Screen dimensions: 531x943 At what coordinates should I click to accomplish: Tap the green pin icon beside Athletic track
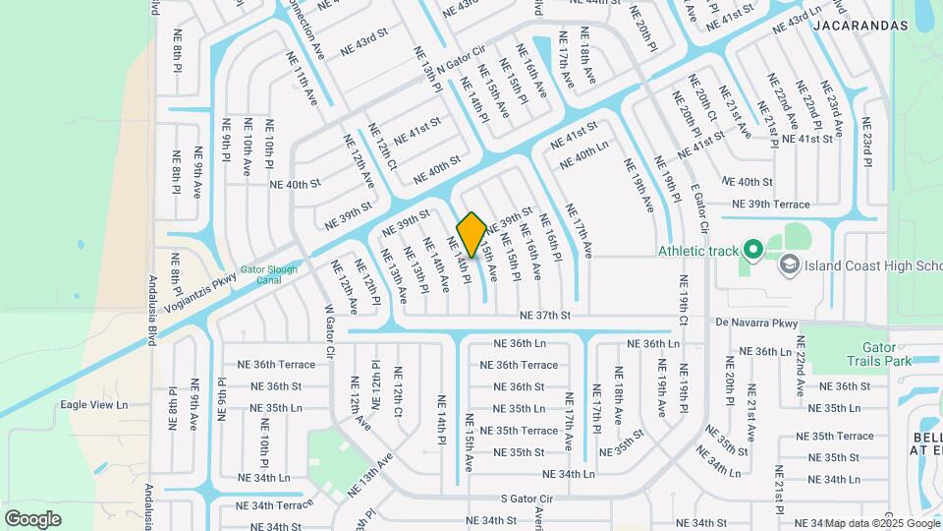tap(753, 250)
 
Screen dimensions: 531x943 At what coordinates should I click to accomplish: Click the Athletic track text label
tap(697, 251)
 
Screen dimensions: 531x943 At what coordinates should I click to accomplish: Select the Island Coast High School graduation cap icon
tap(788, 265)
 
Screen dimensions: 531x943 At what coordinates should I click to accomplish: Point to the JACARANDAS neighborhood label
tap(860, 27)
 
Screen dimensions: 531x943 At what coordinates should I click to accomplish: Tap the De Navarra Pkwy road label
tap(755, 323)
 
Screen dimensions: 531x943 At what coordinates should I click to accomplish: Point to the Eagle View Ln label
tap(94, 404)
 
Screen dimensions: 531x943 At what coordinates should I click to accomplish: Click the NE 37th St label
tap(545, 316)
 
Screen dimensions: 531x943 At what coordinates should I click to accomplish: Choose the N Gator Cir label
tap(462, 57)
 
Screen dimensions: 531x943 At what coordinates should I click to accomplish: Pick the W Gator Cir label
tap(330, 333)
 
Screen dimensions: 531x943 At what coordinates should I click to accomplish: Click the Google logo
tap(32, 518)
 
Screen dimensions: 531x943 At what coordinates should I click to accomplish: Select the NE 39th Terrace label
tap(766, 205)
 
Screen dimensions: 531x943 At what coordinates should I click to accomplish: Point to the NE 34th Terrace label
tap(274, 505)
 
